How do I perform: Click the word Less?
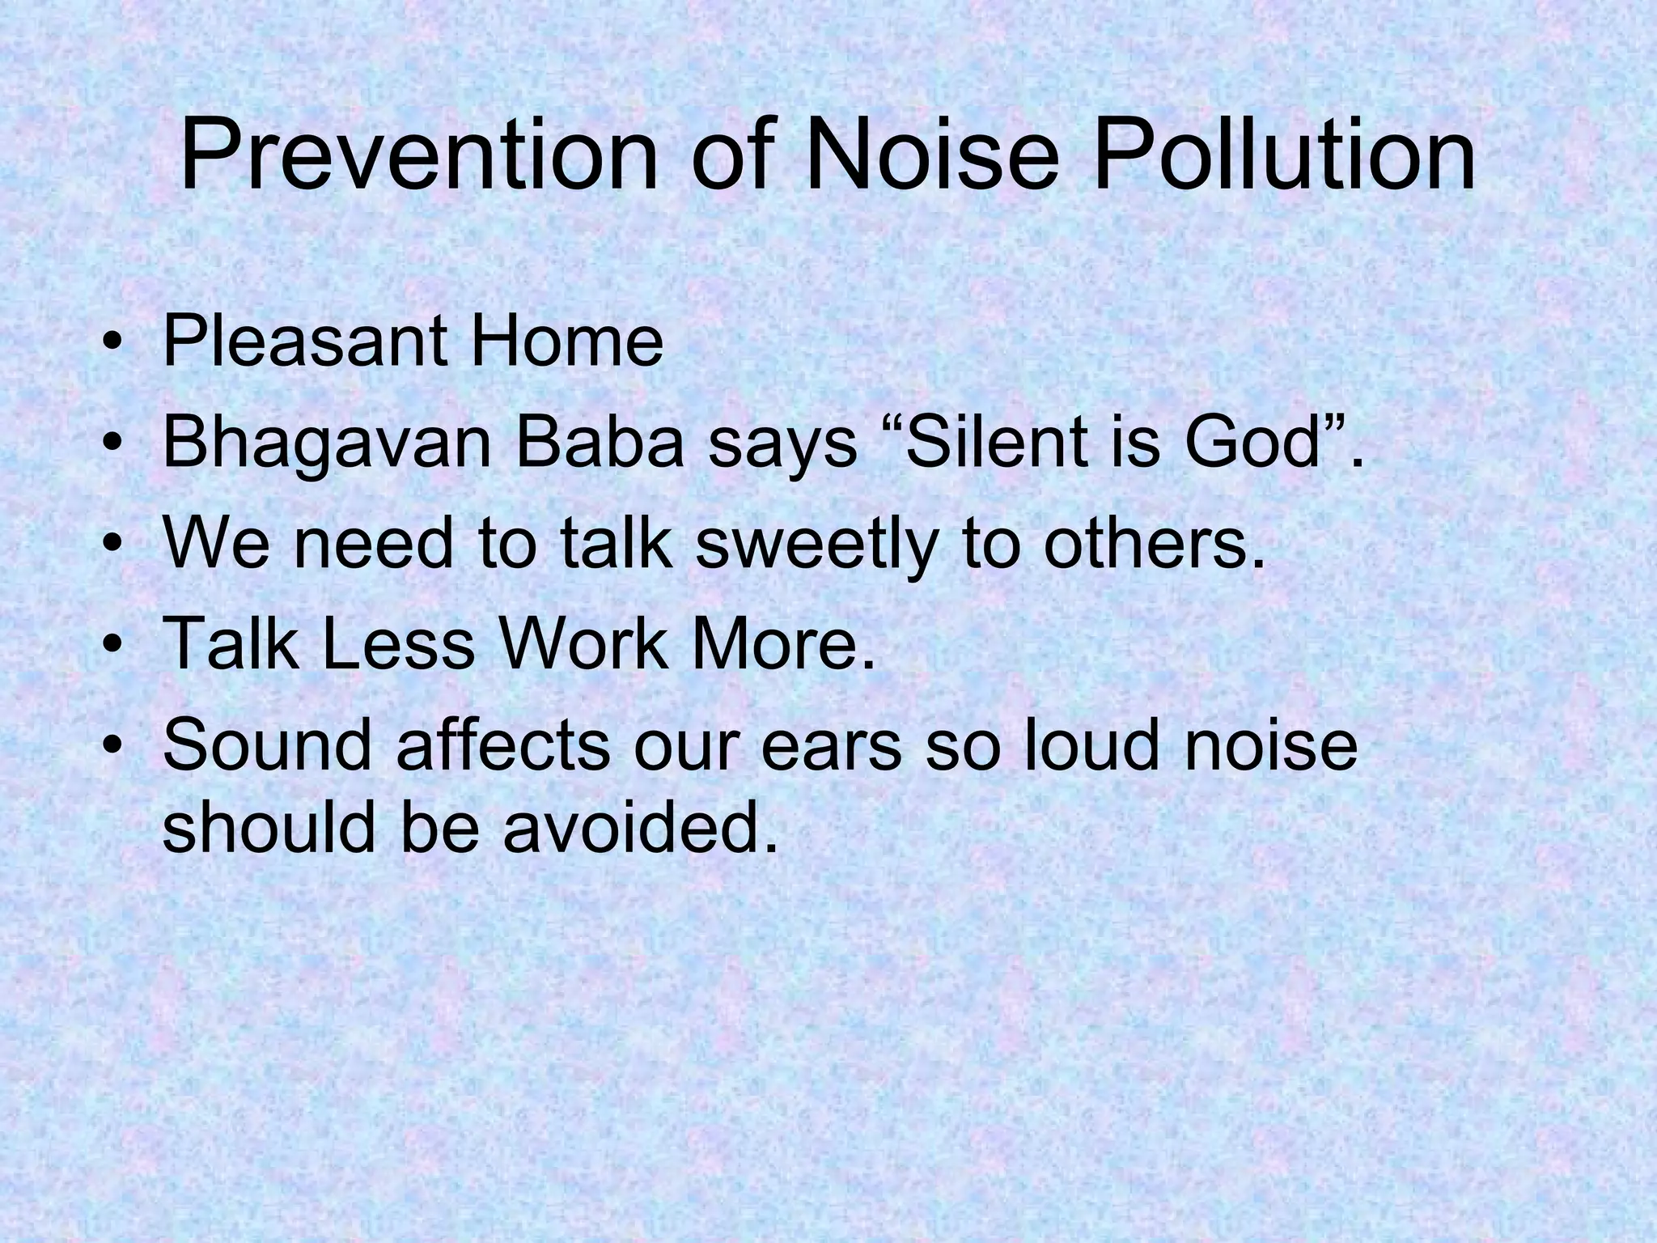(x=398, y=643)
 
